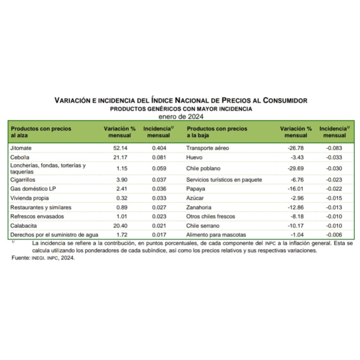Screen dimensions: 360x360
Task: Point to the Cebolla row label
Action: click(x=20, y=157)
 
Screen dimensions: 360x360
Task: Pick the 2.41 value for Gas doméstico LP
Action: click(x=117, y=189)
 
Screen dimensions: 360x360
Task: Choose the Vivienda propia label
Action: click(x=28, y=198)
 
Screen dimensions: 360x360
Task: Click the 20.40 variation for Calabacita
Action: click(x=116, y=225)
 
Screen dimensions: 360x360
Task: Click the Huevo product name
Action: click(x=195, y=157)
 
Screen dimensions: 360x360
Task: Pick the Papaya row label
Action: click(x=195, y=189)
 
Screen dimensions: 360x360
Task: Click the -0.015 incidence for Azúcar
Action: click(x=335, y=198)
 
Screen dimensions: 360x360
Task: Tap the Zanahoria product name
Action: click(x=199, y=207)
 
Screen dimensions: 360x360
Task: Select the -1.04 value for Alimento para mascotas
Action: click(x=297, y=234)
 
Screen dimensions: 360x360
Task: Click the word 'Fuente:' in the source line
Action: click(x=20, y=258)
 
